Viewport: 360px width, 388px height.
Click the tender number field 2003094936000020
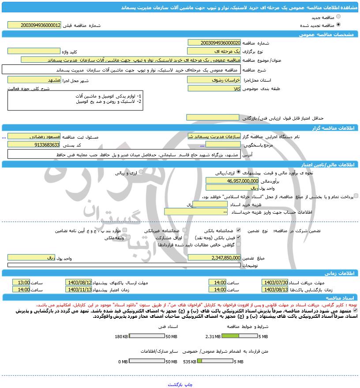pos(214,43)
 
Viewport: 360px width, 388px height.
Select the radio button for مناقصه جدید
pos(338,17)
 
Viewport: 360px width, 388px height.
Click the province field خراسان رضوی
pos(214,80)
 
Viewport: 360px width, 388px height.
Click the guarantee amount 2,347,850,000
pos(214,257)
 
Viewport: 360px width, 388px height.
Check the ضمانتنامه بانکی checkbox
pos(239,230)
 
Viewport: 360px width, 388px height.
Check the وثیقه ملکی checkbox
pos(127,237)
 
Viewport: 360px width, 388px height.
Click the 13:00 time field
pos(21,282)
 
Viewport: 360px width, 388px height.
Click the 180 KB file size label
pos(121,336)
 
